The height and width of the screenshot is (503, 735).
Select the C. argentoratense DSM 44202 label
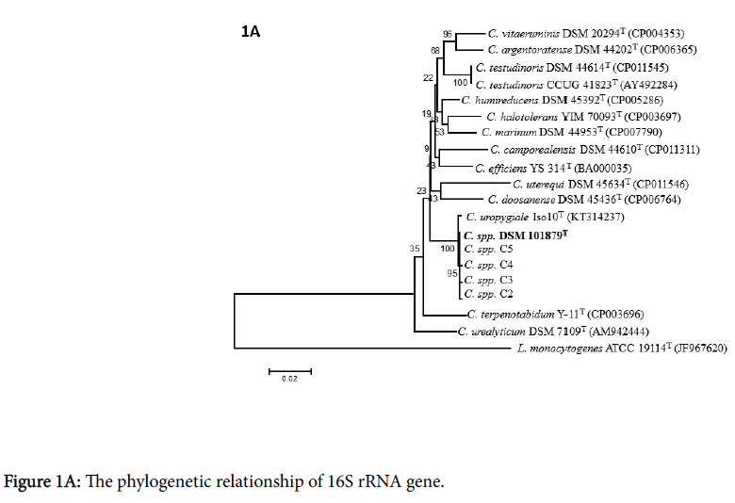coord(569,50)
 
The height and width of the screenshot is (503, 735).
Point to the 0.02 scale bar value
coord(288,380)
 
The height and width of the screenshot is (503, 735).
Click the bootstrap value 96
coord(448,34)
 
